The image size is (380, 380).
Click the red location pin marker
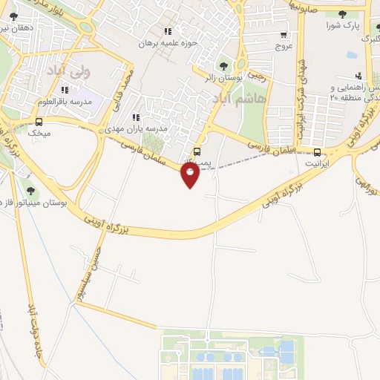(x=190, y=175)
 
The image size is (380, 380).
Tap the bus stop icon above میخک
(x=39, y=122)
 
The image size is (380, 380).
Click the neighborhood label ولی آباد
(x=67, y=72)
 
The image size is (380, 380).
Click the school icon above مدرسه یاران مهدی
(x=135, y=117)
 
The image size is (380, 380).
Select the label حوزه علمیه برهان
(x=171, y=43)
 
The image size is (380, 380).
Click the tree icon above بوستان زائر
(x=223, y=66)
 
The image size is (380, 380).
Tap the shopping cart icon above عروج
(x=284, y=34)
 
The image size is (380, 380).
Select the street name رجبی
(x=257, y=74)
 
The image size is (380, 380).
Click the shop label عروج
(x=284, y=45)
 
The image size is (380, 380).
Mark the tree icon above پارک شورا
(x=344, y=15)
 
